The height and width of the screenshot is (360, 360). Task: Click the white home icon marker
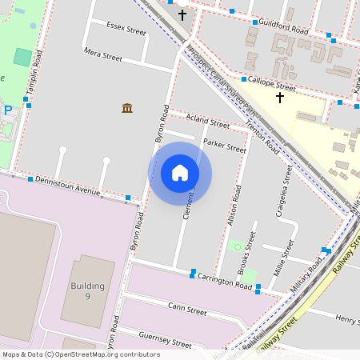coord(180,173)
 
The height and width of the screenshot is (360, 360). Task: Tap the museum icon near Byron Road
coord(127,108)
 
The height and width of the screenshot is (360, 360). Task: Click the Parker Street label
coord(224,146)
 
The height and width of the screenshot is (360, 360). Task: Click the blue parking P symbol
coord(8,110)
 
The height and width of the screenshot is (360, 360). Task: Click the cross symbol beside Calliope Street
coord(280,98)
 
